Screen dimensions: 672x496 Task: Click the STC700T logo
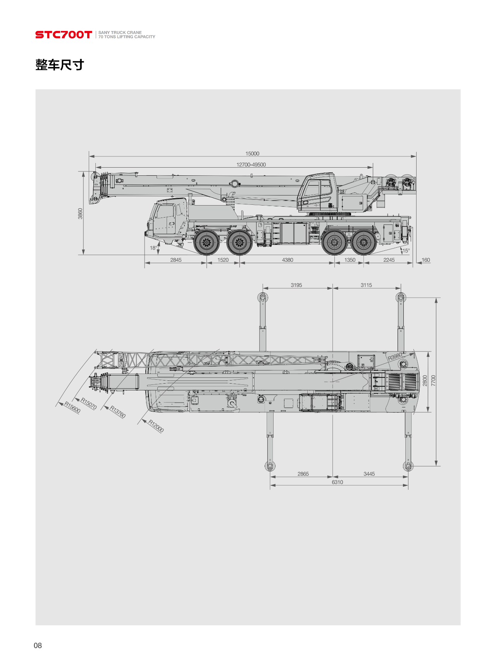(64, 35)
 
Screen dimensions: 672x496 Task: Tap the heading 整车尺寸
(60, 65)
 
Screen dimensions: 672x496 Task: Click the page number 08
(38, 645)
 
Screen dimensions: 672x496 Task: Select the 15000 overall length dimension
(252, 154)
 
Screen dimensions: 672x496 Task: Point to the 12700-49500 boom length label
(251, 165)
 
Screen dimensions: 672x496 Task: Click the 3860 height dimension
(80, 213)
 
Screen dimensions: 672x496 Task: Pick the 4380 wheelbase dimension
(288, 260)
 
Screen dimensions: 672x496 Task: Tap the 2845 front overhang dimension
(176, 260)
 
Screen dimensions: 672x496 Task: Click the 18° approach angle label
(153, 248)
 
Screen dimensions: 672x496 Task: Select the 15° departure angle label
(406, 250)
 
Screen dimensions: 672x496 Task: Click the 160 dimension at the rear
(425, 260)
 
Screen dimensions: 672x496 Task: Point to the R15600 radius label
(72, 408)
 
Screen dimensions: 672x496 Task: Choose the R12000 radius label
(156, 426)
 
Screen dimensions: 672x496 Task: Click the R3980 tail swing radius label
(395, 357)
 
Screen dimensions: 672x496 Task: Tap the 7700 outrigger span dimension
(433, 381)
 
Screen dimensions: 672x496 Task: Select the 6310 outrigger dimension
(338, 482)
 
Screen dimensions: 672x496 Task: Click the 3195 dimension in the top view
(296, 285)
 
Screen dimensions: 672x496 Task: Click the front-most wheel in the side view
(207, 243)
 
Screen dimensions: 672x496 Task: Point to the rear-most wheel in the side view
(364, 243)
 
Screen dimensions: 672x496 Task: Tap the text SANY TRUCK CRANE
(120, 33)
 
